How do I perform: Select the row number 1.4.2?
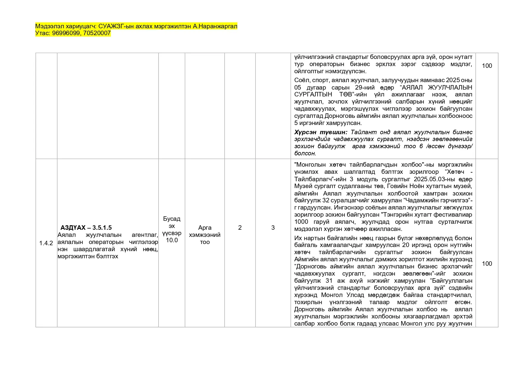pyautogui.click(x=46, y=243)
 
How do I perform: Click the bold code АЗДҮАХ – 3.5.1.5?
pyautogui.click(x=86, y=228)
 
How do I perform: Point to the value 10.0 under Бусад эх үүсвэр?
pyautogui.click(x=172, y=240)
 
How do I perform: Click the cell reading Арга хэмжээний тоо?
pyautogui.click(x=205, y=235)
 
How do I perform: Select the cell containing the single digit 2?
pyautogui.click(x=240, y=228)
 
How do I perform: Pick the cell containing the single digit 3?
pyautogui.click(x=273, y=228)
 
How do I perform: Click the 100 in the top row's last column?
pyautogui.click(x=487, y=66)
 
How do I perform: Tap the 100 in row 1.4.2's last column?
pyautogui.click(x=487, y=264)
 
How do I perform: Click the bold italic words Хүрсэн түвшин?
pyautogui.click(x=321, y=132)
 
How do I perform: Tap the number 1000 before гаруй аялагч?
pyautogui.click(x=301, y=222)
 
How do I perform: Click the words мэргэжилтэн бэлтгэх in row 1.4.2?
pyautogui.click(x=88, y=256)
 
